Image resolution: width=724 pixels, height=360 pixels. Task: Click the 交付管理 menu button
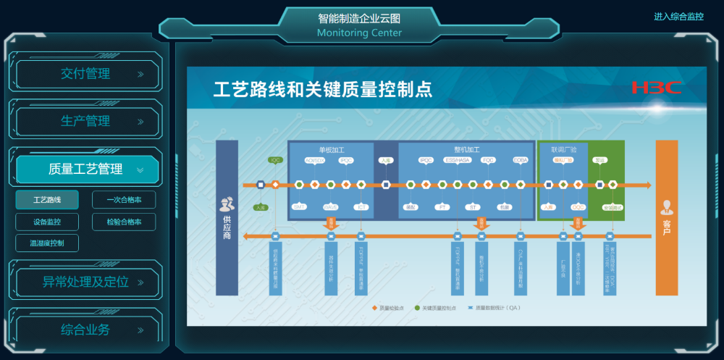tap(87, 74)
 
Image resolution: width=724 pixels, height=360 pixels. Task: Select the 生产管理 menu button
tap(87, 122)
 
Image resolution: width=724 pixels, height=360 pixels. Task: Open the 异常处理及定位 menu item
tap(87, 282)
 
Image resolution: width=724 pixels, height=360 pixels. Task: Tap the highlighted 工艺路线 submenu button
tap(47, 199)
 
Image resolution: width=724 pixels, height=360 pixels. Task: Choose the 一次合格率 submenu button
tap(124, 199)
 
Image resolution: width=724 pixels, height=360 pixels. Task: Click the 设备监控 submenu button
tap(47, 222)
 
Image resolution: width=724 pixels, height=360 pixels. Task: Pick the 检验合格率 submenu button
tap(124, 222)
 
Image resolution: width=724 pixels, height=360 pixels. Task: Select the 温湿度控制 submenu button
tap(47, 243)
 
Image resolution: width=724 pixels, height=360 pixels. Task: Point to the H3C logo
tap(656, 88)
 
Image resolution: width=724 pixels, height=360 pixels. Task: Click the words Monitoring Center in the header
tap(359, 33)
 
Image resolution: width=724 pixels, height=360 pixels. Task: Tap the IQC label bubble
tap(275, 159)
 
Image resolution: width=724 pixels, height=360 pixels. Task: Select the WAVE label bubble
tap(331, 206)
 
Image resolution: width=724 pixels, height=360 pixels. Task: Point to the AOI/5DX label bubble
tap(314, 160)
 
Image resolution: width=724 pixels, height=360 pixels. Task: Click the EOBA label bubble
tap(521, 160)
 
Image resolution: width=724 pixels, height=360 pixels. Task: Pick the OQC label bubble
tap(578, 206)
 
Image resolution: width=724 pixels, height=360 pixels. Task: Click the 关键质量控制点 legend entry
tap(437, 308)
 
